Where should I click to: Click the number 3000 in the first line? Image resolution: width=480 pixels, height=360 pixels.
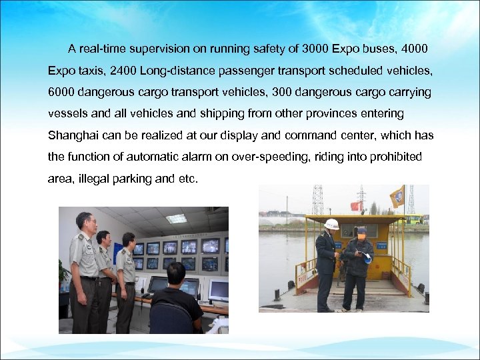click(x=317, y=49)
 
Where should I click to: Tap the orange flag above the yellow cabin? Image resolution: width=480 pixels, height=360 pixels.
click(x=397, y=196)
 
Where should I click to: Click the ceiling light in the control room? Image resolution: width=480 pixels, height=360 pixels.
click(x=176, y=218)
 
